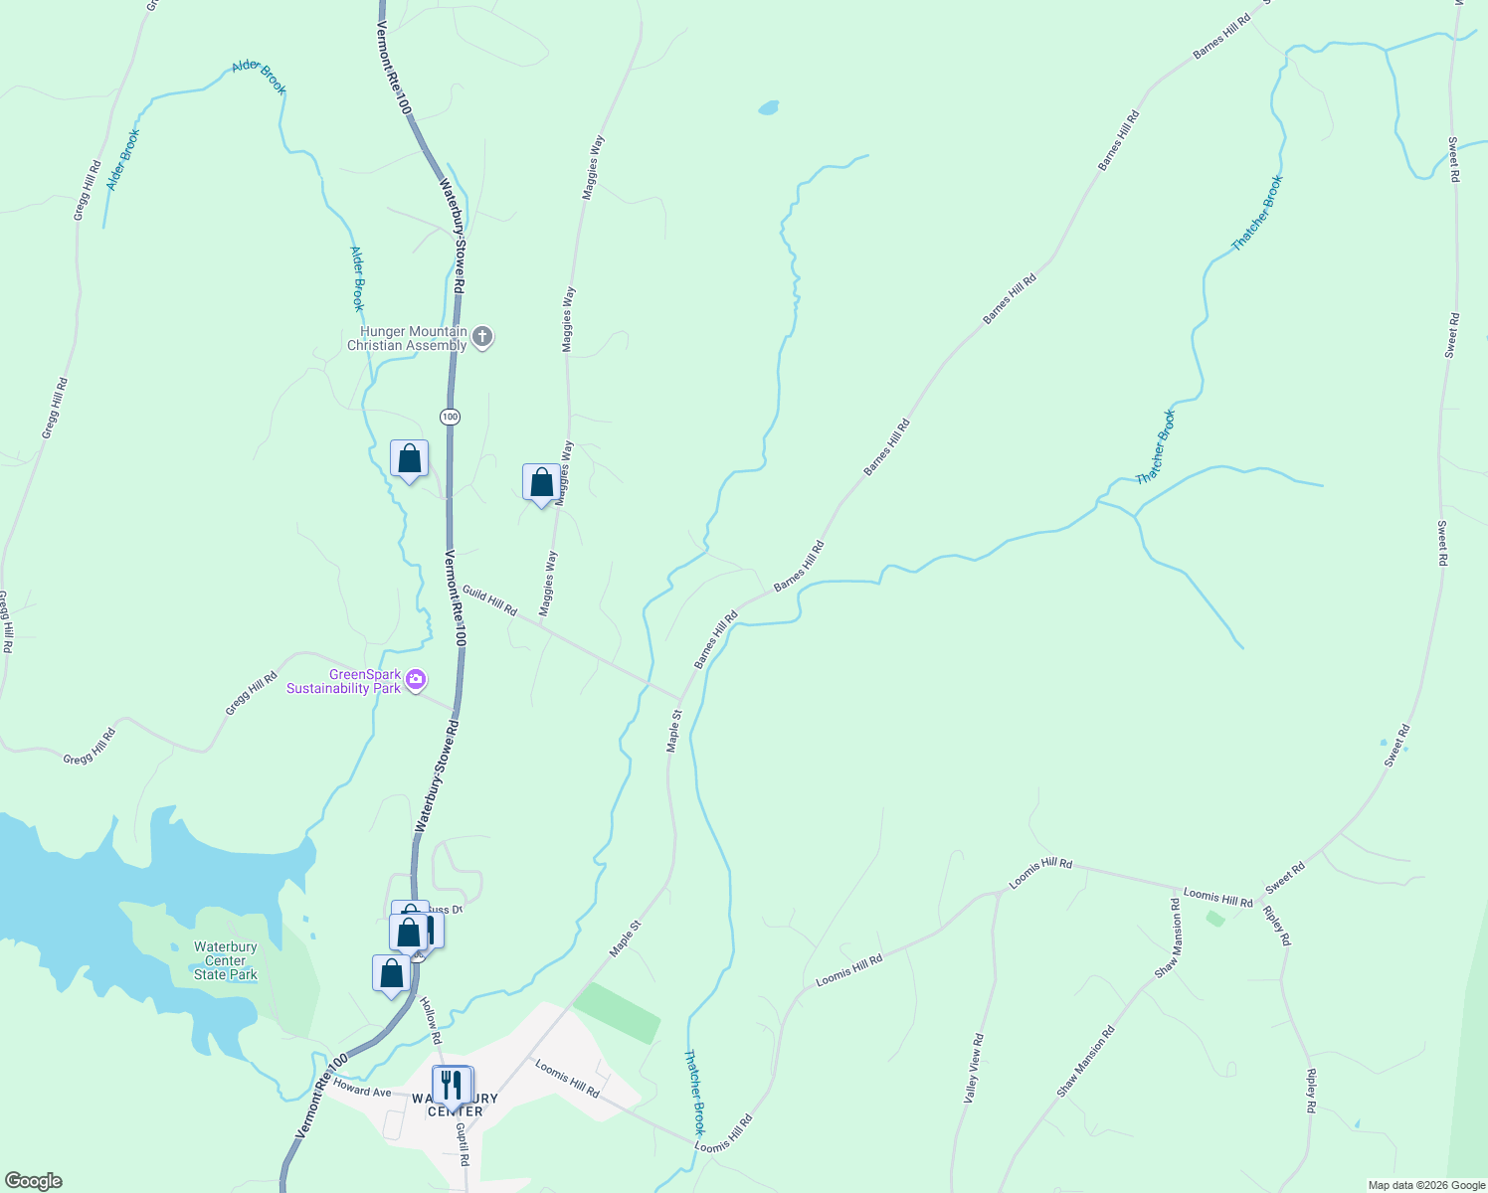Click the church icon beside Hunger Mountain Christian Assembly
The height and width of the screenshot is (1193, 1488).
click(482, 337)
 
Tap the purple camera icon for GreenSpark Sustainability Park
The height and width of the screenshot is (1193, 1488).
click(416, 681)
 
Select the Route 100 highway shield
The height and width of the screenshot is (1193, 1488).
click(451, 417)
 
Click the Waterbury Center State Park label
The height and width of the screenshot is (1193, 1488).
click(226, 961)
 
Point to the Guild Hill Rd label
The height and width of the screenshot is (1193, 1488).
click(489, 601)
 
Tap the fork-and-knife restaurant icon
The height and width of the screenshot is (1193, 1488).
click(453, 1084)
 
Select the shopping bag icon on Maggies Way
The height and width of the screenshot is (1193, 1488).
click(541, 483)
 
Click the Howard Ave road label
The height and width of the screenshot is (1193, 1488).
click(362, 1090)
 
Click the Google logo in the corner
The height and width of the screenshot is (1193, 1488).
click(33, 1181)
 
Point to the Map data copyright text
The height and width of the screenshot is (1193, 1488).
click(1425, 1185)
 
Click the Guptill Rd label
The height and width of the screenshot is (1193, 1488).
click(462, 1144)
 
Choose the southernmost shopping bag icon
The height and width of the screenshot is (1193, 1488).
click(391, 974)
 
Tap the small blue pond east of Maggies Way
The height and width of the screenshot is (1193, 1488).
click(768, 107)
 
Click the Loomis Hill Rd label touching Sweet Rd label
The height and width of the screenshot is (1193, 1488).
click(1217, 898)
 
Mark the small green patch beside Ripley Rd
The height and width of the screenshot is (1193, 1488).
click(1215, 919)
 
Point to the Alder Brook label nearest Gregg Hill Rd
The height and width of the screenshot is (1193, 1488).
click(123, 159)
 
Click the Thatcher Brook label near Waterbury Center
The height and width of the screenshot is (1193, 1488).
click(694, 1093)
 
